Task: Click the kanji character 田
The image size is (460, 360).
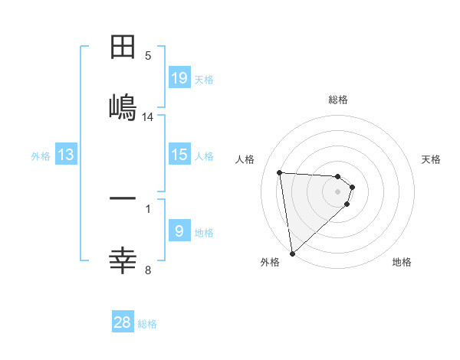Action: [123, 47]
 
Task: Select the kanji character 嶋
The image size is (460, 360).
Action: [123, 106]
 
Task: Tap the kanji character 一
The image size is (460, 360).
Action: [123, 198]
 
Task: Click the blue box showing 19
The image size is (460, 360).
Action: [179, 78]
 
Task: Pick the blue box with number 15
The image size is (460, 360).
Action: [179, 155]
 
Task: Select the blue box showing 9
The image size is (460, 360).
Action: [179, 231]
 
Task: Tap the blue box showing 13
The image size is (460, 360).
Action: [66, 155]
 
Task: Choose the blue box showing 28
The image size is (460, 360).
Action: [123, 322]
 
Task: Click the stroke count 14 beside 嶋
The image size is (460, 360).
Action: [148, 116]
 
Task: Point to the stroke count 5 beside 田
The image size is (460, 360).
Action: [148, 55]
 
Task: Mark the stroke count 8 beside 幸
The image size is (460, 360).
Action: [148, 270]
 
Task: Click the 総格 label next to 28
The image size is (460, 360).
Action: [147, 324]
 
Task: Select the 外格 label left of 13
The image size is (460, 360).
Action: [41, 156]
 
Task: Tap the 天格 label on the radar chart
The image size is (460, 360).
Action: [432, 159]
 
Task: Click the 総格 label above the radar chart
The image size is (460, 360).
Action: [338, 100]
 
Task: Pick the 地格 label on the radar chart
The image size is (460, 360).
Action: [402, 262]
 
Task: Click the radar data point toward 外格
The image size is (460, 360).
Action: [291, 253]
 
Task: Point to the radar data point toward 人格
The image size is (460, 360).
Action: [280, 172]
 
